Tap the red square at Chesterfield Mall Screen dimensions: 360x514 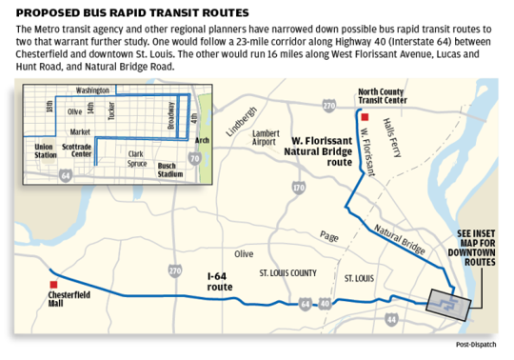pyautogui.click(x=56, y=283)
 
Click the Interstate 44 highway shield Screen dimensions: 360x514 pyautogui.click(x=392, y=321)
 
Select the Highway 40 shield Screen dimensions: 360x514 pyautogui.click(x=324, y=303)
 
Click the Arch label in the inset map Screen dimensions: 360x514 pyautogui.click(x=201, y=140)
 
